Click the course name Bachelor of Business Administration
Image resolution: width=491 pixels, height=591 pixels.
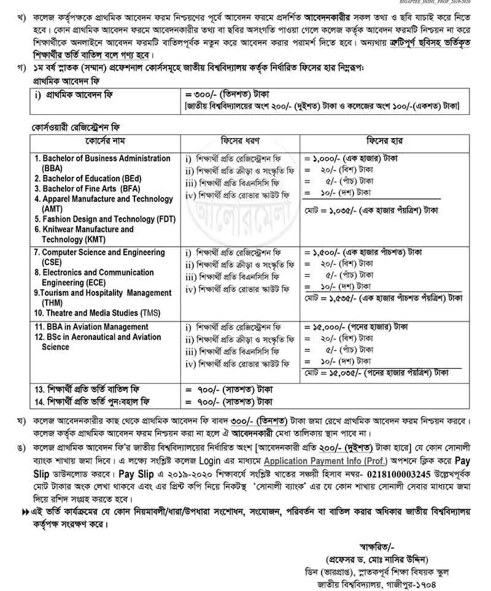(x=102, y=158)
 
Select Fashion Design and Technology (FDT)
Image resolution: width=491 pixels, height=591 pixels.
(x=106, y=218)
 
